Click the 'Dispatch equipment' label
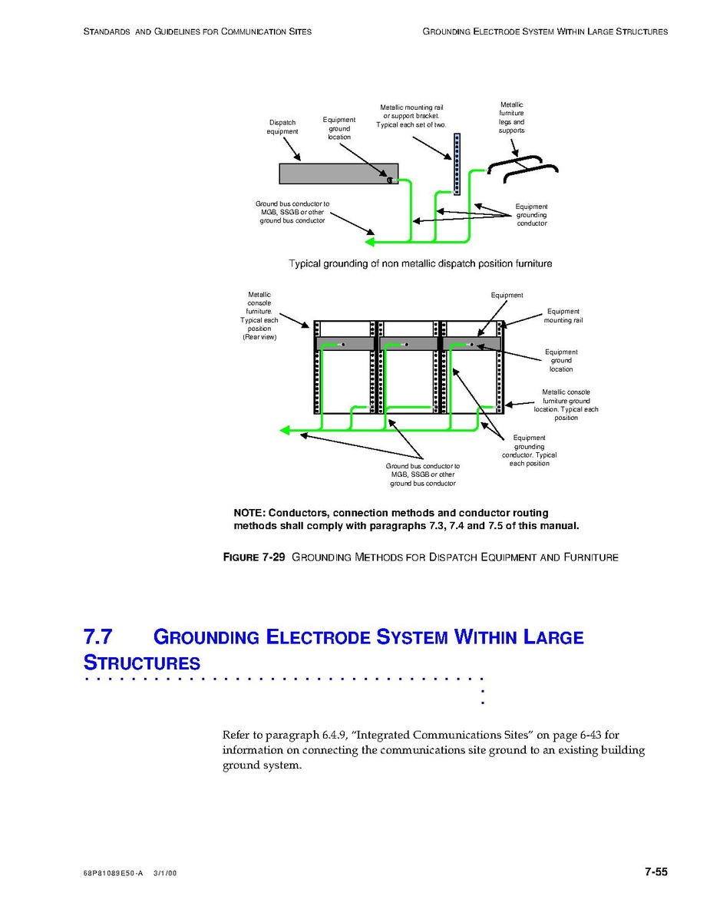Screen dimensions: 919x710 point(282,127)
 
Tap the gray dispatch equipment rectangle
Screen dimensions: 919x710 point(338,174)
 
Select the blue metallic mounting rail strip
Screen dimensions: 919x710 point(457,164)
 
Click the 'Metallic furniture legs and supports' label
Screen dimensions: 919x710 point(512,117)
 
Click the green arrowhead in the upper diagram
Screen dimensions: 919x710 point(369,242)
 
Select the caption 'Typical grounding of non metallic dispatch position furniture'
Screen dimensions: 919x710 point(420,263)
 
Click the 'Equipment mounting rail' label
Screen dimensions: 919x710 point(563,316)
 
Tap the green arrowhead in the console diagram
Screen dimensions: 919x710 point(285,430)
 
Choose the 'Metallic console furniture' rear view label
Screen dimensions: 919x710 point(259,315)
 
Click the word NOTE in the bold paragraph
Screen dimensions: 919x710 point(249,513)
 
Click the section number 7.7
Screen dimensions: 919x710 point(98,637)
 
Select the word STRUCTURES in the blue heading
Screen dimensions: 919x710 point(142,663)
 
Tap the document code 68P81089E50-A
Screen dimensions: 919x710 point(113,874)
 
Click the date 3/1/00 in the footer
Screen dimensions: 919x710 point(165,874)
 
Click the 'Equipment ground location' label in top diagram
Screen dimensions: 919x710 point(338,128)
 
